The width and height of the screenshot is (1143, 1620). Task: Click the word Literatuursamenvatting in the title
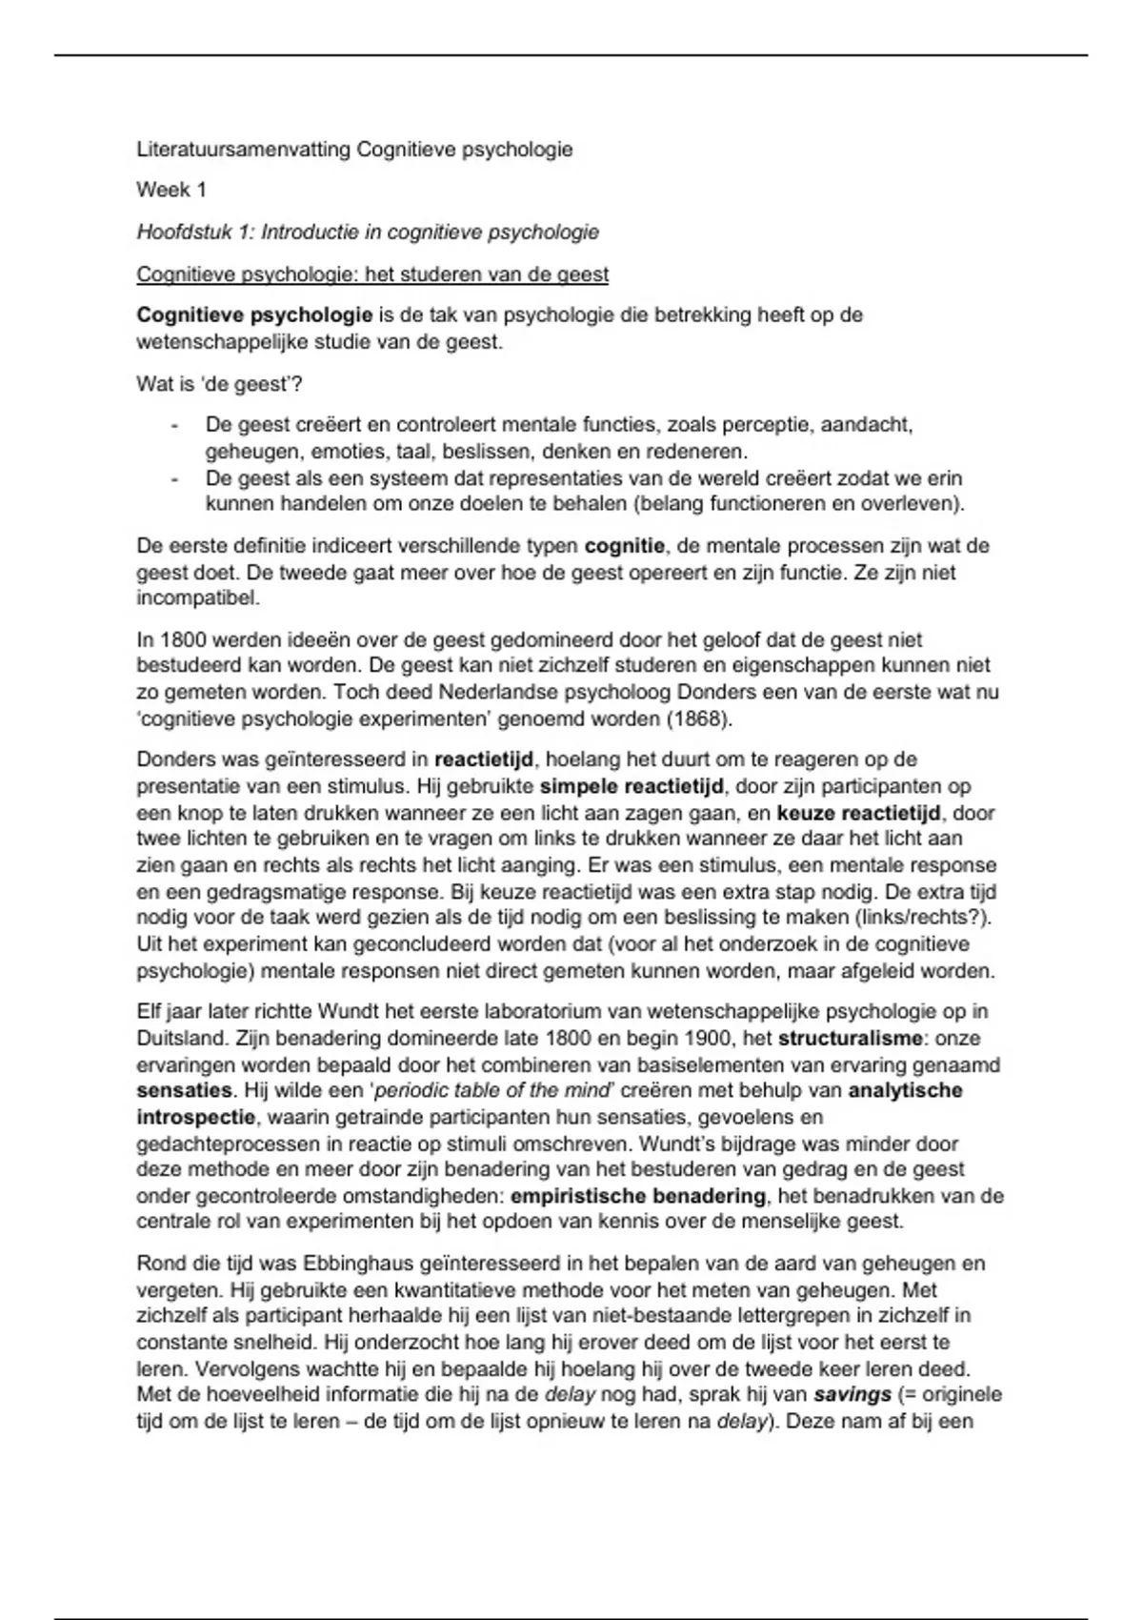[x=244, y=150]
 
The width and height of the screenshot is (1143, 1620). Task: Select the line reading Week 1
[x=171, y=190]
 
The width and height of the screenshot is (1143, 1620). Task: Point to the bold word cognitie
[x=624, y=546]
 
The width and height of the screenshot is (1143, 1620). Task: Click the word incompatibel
[x=197, y=598]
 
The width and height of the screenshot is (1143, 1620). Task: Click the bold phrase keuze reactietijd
[x=858, y=813]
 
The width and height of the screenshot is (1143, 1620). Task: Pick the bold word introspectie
[x=195, y=1117]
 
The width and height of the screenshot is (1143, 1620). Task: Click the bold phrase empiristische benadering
[x=638, y=1195]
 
